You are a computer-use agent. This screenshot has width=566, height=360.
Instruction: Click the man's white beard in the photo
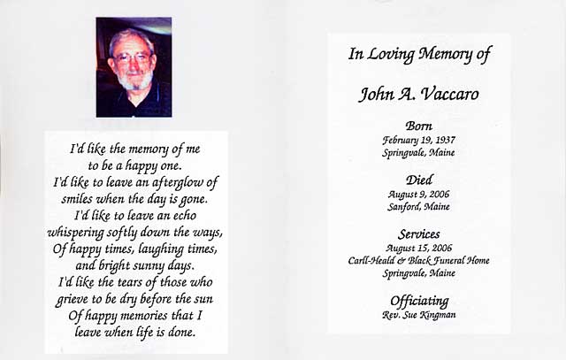point(135,80)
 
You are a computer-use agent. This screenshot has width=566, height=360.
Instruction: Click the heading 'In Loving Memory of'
point(419,56)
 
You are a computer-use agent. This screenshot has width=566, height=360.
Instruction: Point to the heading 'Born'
point(418,126)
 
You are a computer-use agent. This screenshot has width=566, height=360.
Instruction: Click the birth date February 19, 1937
point(418,140)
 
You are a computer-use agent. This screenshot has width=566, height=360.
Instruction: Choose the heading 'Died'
point(418,180)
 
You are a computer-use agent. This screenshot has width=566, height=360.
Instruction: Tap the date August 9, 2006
point(418,194)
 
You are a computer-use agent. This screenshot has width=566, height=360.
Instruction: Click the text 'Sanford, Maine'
point(418,206)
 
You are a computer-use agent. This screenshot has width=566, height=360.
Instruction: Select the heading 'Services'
point(418,234)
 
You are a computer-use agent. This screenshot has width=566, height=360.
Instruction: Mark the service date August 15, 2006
point(418,248)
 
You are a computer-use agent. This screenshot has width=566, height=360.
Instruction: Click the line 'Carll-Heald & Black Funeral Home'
point(419,260)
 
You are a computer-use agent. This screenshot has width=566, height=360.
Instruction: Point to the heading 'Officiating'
point(419,301)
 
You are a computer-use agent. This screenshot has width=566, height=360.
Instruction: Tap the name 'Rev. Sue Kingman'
point(419,315)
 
